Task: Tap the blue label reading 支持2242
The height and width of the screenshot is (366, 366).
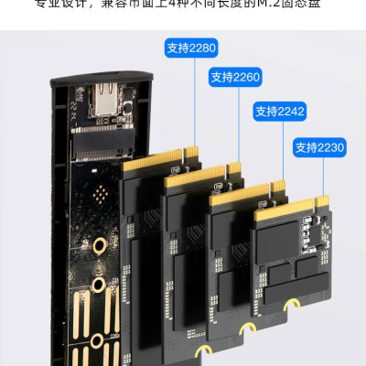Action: tap(280, 112)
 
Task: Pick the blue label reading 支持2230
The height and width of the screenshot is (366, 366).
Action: tap(320, 146)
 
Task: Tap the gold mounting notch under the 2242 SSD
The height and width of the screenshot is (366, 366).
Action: tap(245, 327)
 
